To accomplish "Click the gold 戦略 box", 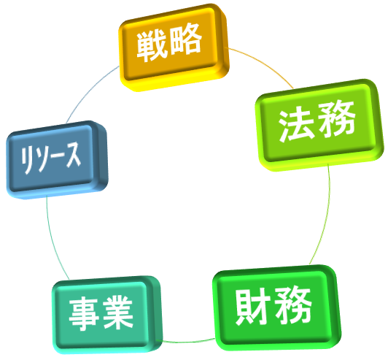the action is point(174,47).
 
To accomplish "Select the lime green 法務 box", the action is point(319,125).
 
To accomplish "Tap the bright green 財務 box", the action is point(276,307).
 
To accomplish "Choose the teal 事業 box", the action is point(107,315).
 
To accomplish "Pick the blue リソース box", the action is point(57,160).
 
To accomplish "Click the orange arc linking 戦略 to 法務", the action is point(263,64).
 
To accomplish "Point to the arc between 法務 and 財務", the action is point(323,216).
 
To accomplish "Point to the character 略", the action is point(186,39).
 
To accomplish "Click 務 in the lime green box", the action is point(337,120).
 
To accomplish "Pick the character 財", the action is point(252,307).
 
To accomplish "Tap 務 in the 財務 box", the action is point(293,305).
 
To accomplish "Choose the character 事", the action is point(83,315).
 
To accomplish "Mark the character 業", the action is point(118,313).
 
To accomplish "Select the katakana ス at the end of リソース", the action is point(74,155).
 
